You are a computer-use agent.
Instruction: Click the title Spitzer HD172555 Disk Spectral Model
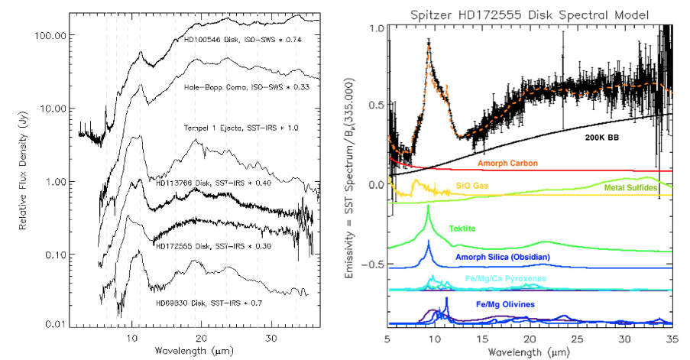pyautogui.click(x=530, y=15)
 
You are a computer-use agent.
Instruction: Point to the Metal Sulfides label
pyautogui.click(x=632, y=187)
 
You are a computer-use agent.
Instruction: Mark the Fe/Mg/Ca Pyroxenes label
pyautogui.click(x=507, y=279)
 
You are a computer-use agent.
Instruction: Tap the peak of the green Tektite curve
pyautogui.click(x=428, y=206)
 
